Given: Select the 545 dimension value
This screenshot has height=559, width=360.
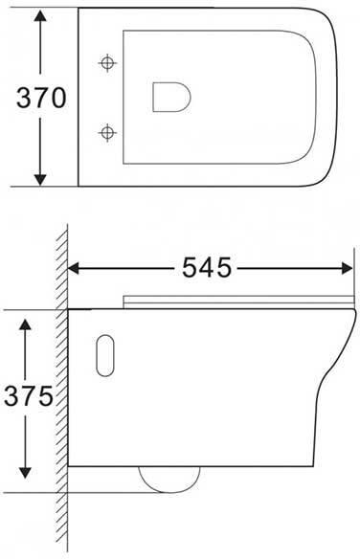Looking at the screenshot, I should [205, 269].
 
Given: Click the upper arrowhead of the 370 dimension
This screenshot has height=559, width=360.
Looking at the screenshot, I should [39, 18].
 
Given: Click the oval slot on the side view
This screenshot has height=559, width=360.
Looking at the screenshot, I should [105, 354].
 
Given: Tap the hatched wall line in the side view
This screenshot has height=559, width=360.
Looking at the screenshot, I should [60, 402].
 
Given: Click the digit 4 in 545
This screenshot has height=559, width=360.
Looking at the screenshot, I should [205, 269].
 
